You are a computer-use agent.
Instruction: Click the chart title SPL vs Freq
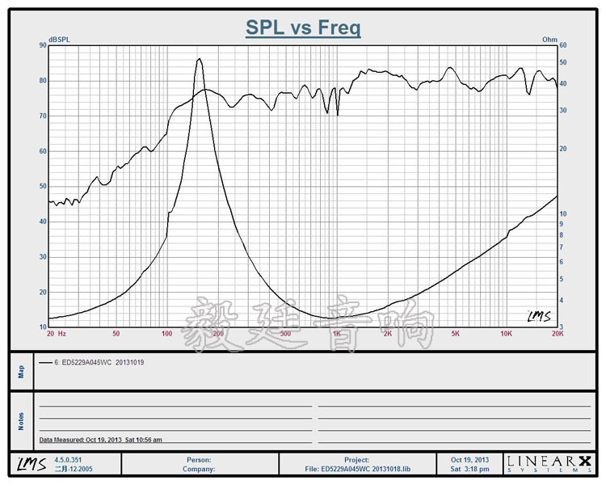[303, 28]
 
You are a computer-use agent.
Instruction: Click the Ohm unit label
[549, 39]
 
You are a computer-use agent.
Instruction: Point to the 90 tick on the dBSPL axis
[42, 45]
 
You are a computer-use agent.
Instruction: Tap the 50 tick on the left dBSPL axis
[42, 187]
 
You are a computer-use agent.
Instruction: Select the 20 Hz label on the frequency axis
[56, 333]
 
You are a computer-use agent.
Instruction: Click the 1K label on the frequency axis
[337, 333]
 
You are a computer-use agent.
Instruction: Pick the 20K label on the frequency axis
[557, 333]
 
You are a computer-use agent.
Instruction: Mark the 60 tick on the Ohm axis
[564, 45]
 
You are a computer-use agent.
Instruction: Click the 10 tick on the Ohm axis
[564, 213]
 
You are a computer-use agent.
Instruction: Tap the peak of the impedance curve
[199, 59]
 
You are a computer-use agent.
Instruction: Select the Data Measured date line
[101, 440]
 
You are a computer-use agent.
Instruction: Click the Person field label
[199, 460]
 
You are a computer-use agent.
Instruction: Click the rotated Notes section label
[21, 421]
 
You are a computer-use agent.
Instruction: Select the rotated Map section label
[21, 371]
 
